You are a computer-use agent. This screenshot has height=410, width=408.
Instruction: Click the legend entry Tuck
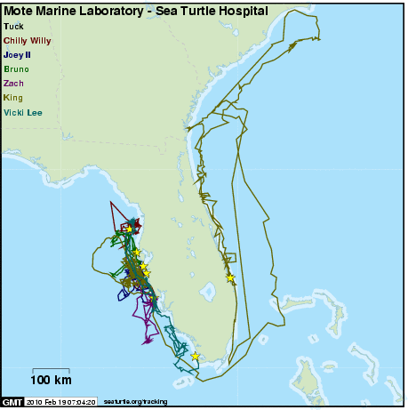pyautogui.click(x=13, y=28)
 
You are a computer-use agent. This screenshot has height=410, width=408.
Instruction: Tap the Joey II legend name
pyautogui.click(x=18, y=54)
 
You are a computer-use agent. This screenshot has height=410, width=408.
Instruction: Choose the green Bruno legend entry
pyautogui.click(x=16, y=68)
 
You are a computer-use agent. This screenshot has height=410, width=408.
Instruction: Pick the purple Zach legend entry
pyautogui.click(x=13, y=83)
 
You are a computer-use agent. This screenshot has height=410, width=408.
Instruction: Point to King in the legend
pyautogui.click(x=13, y=96)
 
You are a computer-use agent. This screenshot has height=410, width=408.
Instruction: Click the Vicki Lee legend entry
pyautogui.click(x=23, y=111)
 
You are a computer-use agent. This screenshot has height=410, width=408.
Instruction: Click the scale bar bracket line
pyautogui.click(x=52, y=370)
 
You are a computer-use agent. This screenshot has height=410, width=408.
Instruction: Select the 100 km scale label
pyautogui.click(x=52, y=382)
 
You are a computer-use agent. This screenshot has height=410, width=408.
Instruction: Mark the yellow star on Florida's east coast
pyautogui.click(x=230, y=277)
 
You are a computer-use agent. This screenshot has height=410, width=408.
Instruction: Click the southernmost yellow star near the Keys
pyautogui.click(x=195, y=357)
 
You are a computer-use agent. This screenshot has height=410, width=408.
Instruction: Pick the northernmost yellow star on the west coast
pyautogui.click(x=129, y=229)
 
